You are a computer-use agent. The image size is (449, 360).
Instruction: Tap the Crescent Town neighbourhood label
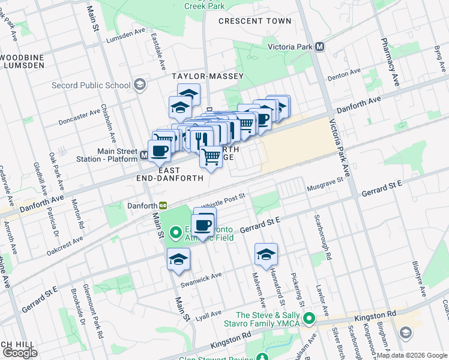tap(255, 21)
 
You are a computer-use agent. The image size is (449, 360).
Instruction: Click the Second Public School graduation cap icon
tap(140, 85)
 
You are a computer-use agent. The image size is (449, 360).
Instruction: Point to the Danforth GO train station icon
tap(163, 205)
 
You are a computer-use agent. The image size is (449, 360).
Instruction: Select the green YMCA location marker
tap(309, 319)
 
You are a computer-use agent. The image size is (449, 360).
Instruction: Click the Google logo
tap(20, 352)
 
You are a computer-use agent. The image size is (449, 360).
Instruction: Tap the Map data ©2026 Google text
tap(411, 355)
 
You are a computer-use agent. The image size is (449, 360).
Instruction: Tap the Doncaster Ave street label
tap(79, 117)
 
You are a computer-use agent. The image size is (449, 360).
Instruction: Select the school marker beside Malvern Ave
tap(266, 254)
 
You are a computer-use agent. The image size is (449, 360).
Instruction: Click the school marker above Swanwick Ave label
tap(178, 259)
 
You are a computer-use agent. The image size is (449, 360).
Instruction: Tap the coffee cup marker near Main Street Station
tap(160, 151)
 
